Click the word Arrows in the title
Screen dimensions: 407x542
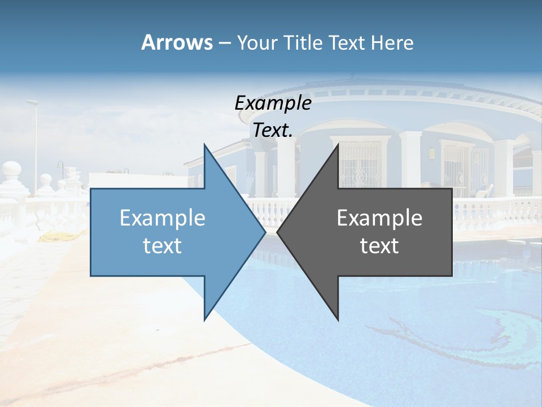pos(177,42)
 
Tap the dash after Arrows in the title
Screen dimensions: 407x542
pos(224,43)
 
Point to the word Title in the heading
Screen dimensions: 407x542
pos(303,43)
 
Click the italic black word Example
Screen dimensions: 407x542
pos(273,103)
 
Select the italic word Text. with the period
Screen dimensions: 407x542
pos(273,130)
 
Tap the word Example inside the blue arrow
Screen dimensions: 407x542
pos(162,218)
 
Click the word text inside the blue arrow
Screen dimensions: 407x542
pos(162,245)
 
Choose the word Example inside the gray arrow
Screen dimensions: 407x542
pos(379,218)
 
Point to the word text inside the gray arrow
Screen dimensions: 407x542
pos(379,245)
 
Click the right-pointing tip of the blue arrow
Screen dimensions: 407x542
pos(264,232)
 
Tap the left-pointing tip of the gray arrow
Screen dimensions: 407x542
pos(278,232)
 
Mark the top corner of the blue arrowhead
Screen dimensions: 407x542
pos(205,145)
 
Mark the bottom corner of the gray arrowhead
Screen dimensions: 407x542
pos(338,319)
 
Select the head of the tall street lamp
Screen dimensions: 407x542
pos(32,102)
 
